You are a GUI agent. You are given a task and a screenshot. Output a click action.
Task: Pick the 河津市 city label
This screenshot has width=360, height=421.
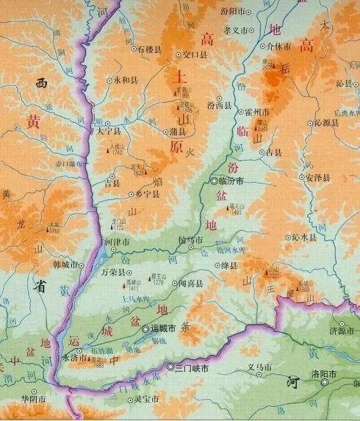118,241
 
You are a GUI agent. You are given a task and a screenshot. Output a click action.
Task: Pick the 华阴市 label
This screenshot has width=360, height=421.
34,400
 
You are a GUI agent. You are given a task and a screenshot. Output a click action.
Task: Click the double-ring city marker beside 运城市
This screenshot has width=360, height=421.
146,330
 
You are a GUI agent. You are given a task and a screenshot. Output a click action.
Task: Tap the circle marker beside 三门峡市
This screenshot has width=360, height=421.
170,367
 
